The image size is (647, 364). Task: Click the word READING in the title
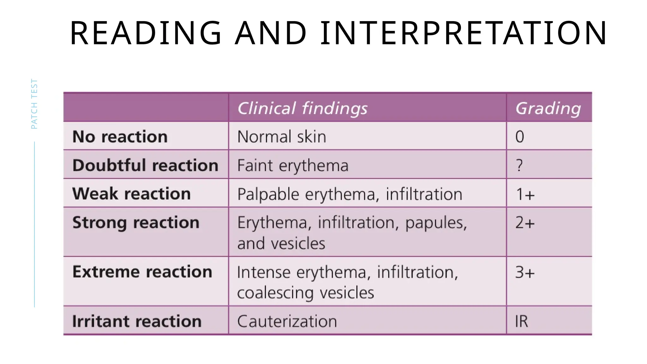pyautogui.click(x=146, y=33)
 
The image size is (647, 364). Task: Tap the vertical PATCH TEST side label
pyautogui.click(x=34, y=104)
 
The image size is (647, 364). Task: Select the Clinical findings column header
pyautogui.click(x=302, y=108)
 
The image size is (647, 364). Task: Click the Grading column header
pyautogui.click(x=548, y=108)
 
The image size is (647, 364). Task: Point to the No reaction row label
pyautogui.click(x=120, y=136)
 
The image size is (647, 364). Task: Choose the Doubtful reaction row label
pyautogui.click(x=145, y=165)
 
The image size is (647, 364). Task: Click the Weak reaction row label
pyautogui.click(x=131, y=193)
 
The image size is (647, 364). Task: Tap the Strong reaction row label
pyautogui.click(x=136, y=222)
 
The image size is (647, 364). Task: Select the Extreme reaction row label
pyautogui.click(x=142, y=272)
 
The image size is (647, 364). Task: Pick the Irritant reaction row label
pyautogui.click(x=137, y=321)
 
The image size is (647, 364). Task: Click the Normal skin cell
pyautogui.click(x=281, y=136)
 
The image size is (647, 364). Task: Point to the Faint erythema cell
pyautogui.click(x=293, y=165)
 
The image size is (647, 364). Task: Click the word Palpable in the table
pyautogui.click(x=268, y=194)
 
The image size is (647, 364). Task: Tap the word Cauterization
pyautogui.click(x=287, y=321)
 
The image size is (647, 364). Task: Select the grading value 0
pyautogui.click(x=520, y=136)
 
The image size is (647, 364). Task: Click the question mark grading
pyautogui.click(x=519, y=165)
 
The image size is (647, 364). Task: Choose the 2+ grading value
pyautogui.click(x=525, y=222)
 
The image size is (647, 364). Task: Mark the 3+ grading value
pyautogui.click(x=525, y=272)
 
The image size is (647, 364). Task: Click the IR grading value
pyautogui.click(x=521, y=321)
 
